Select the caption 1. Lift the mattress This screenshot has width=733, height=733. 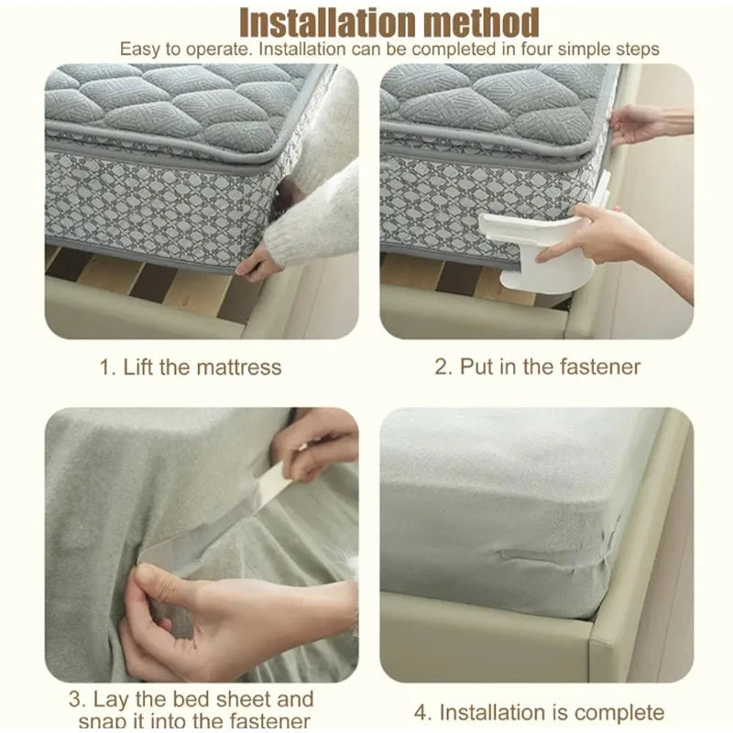(x=191, y=367)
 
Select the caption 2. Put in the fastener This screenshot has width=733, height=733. (x=537, y=367)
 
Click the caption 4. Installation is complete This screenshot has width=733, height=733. (x=538, y=712)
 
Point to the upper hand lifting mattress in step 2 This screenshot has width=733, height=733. (x=641, y=122)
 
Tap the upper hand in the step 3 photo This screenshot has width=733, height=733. (x=316, y=440)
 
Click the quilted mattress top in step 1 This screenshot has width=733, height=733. (x=174, y=101)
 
